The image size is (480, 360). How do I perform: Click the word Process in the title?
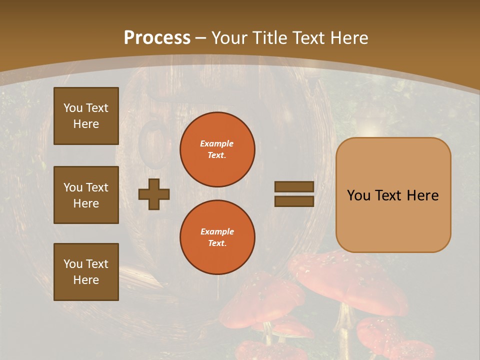pos(157,38)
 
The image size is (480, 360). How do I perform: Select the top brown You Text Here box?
pos(86,116)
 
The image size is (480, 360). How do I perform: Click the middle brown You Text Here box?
pos(86,195)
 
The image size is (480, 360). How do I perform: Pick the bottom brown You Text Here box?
pos(86,272)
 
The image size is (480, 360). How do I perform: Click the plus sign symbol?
pos(154,194)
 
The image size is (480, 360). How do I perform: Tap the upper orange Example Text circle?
pos(217,149)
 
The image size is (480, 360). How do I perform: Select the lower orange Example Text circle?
pos(217,237)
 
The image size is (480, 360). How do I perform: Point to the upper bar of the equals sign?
pos(294,187)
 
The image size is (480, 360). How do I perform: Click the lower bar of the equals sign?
pos(294,201)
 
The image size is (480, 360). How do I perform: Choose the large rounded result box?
pos(393,194)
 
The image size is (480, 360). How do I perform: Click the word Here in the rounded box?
pos(422,195)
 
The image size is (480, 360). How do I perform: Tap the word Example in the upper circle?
pos(216,143)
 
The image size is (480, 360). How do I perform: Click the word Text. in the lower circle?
pos(217,243)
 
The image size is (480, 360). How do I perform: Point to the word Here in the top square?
pos(86,124)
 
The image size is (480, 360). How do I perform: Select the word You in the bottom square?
pos(73,264)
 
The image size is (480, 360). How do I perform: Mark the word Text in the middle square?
pos(97,187)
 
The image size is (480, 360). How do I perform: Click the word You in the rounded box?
pos(358,195)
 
